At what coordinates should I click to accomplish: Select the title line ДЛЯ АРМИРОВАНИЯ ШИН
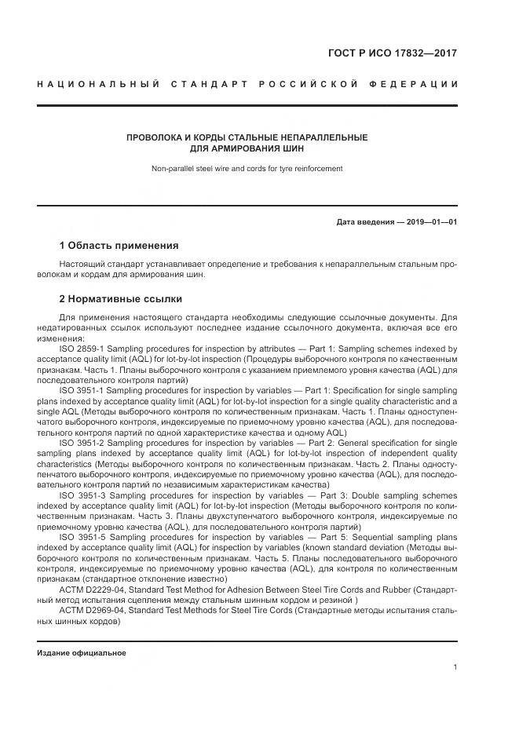[247, 148]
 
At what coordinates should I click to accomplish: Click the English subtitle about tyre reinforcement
[247, 168]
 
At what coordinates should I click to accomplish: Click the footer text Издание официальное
[82, 653]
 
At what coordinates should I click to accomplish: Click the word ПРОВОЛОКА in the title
[155, 137]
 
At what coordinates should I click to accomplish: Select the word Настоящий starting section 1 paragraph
[81, 265]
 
